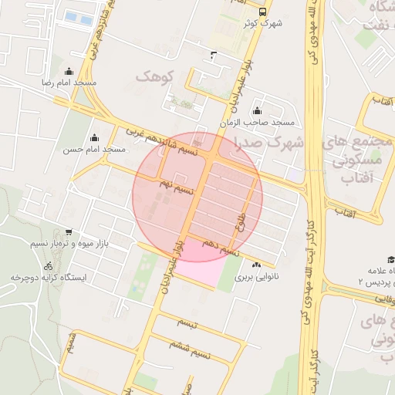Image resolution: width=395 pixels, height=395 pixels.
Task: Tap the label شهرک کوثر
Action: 263,24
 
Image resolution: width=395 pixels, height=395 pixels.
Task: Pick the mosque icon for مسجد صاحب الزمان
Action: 258,111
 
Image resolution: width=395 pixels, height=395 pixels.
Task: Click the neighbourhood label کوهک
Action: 156,76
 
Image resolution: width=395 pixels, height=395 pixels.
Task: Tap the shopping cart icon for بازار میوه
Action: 69,232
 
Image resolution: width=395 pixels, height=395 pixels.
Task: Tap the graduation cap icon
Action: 391,259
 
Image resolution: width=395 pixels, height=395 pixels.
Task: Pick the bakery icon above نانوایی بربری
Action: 257,265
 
